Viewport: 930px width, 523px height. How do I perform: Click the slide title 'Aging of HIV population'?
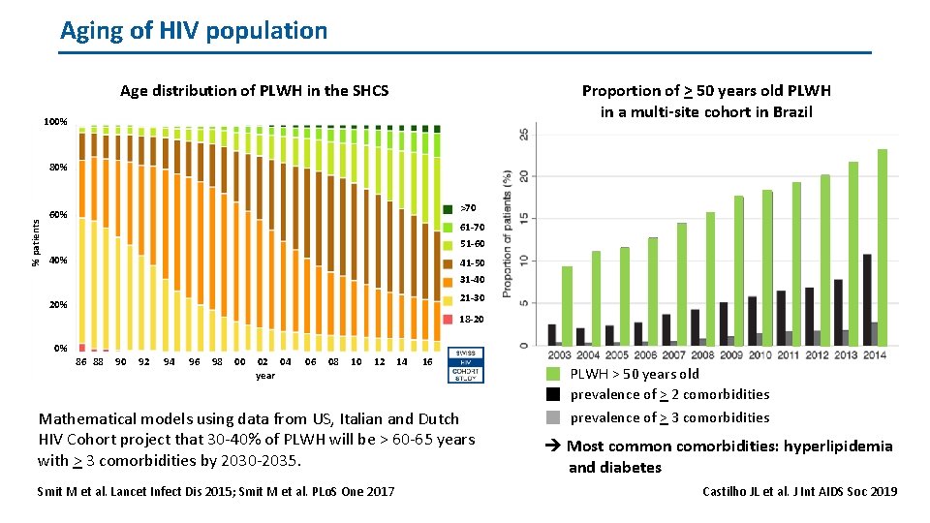tap(194, 30)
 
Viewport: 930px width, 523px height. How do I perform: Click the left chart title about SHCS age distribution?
tap(254, 91)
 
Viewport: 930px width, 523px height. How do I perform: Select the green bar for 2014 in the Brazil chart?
tap(882, 247)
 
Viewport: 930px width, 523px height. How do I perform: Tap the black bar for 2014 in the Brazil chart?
tap(867, 299)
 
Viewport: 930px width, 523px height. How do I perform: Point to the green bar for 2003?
tap(567, 305)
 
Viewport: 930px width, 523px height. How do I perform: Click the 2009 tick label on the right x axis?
tap(731, 355)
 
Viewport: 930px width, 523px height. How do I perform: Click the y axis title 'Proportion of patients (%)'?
tap(508, 233)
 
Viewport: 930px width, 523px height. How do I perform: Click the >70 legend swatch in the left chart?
tap(448, 209)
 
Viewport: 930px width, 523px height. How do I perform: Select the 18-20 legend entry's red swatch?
tap(448, 319)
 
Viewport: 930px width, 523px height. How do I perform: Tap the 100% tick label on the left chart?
tap(55, 123)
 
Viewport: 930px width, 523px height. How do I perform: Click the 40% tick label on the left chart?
tap(57, 261)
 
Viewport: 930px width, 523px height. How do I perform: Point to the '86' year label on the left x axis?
tap(82, 362)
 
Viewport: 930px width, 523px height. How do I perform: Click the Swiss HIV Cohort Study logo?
tap(466, 365)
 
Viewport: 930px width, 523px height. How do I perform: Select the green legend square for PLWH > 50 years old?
tap(552, 374)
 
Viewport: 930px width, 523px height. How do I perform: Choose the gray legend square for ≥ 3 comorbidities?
tap(552, 417)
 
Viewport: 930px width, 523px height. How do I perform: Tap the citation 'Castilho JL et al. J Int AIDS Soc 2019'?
tap(799, 491)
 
